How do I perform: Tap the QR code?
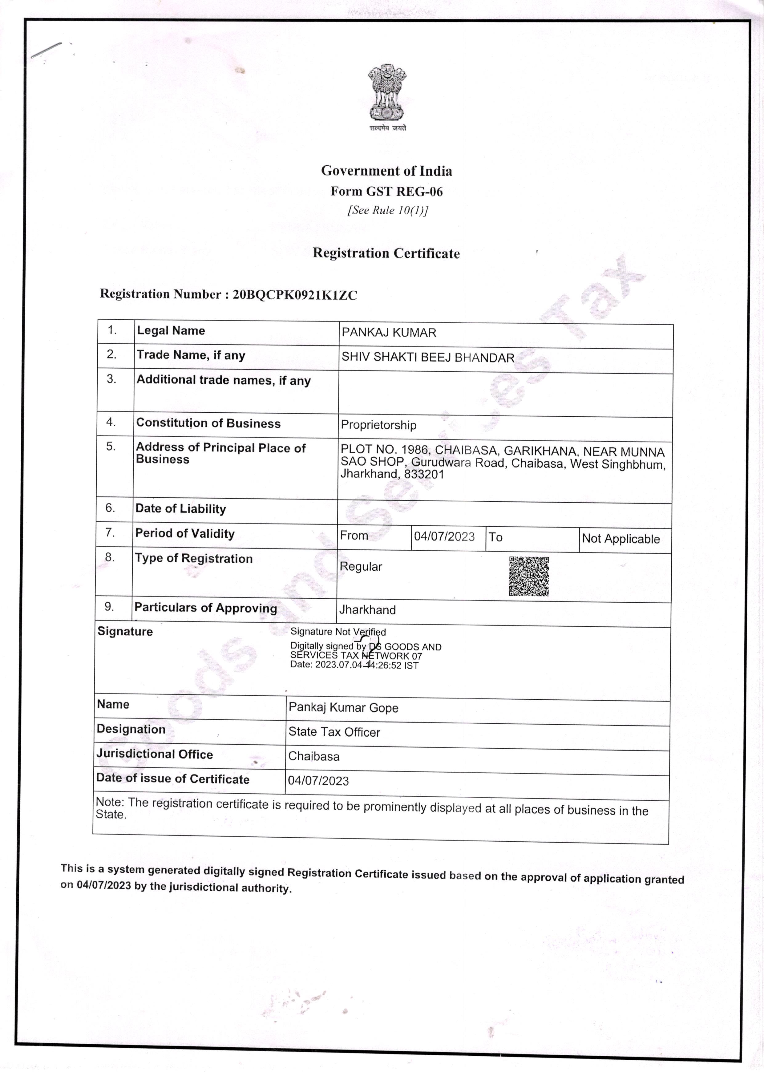tap(529, 576)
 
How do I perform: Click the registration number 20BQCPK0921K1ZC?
tap(295, 295)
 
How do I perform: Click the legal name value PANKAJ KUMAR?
tap(389, 333)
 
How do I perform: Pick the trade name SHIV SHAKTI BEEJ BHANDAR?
tap(428, 358)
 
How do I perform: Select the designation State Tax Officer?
tap(334, 732)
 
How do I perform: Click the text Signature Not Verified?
tap(338, 632)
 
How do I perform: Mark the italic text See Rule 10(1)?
tap(388, 210)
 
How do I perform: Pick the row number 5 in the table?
tap(111, 447)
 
